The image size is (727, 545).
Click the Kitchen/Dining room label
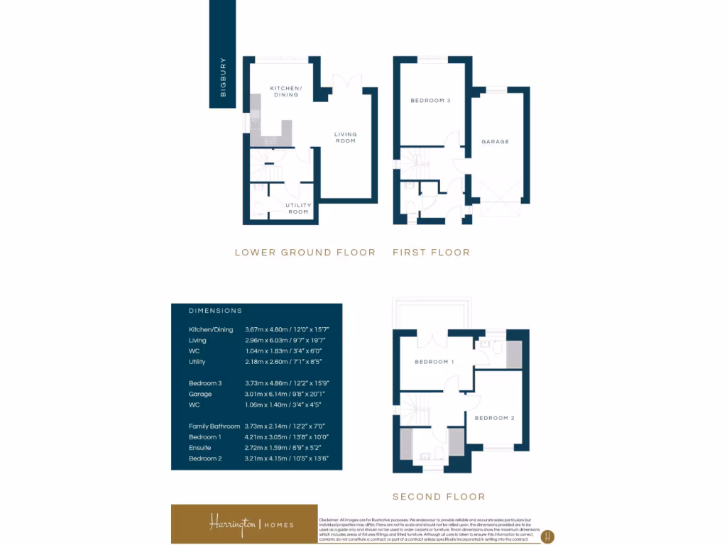(285, 92)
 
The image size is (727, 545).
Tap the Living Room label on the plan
(346, 138)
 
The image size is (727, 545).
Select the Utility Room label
(298, 209)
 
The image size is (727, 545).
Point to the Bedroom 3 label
(430, 101)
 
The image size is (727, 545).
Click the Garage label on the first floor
(495, 142)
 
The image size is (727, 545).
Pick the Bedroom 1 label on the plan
(434, 362)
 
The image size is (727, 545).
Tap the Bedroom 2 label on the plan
(494, 418)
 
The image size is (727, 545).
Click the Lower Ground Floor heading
(305, 253)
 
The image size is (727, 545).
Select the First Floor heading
(431, 253)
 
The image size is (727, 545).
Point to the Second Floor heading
(439, 497)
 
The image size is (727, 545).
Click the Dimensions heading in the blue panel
(215, 311)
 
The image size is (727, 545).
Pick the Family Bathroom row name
(214, 426)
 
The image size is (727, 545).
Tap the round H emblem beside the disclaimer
(547, 536)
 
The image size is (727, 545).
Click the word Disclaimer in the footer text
(331, 520)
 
